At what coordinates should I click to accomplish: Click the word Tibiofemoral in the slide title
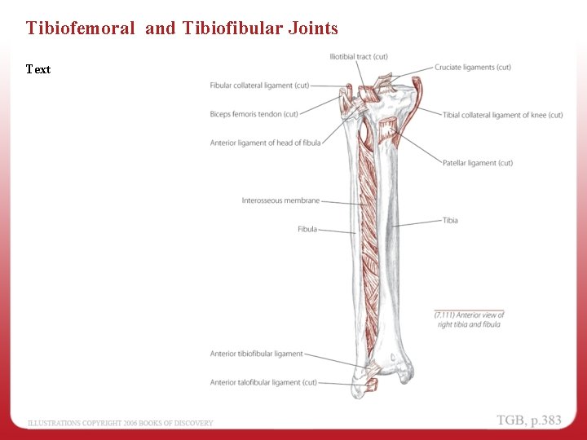(80, 29)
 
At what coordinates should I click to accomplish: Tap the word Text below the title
(38, 69)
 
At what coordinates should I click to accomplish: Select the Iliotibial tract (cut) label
(358, 56)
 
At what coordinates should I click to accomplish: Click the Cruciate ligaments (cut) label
(473, 68)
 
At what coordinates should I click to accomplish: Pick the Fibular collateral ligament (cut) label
(259, 86)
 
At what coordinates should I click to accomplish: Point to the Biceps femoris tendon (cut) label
(254, 114)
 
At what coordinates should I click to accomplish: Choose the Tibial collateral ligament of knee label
(502, 115)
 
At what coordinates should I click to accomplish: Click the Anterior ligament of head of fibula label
(265, 143)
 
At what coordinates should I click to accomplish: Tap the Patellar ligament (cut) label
(478, 163)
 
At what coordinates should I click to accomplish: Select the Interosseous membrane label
(280, 200)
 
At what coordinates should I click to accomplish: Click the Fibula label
(307, 229)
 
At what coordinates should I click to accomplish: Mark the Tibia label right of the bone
(450, 220)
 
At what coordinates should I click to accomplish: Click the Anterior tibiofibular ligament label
(256, 354)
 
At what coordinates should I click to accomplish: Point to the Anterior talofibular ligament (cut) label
(263, 382)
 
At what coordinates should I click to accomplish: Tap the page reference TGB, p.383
(529, 420)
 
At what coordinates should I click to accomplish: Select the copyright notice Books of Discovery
(121, 423)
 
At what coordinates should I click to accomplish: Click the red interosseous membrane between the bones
(369, 244)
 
